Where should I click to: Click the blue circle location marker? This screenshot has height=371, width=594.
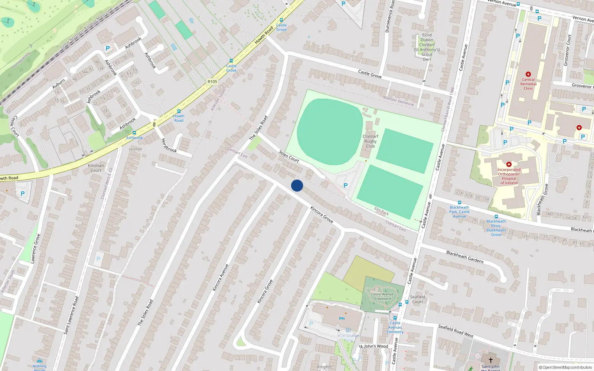(x=297, y=185)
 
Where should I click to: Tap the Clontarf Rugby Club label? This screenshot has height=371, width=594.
(x=370, y=141)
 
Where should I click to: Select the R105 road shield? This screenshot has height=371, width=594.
(x=212, y=82)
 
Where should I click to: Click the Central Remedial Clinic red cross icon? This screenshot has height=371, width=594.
(x=528, y=74)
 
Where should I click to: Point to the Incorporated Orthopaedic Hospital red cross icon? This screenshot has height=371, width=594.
(x=509, y=164)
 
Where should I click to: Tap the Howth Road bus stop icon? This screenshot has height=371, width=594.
(x=179, y=111)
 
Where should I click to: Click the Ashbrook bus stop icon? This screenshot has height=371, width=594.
(x=134, y=133)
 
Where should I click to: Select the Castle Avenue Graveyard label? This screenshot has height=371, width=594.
(x=382, y=296)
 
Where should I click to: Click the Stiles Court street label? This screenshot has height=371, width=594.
(x=289, y=157)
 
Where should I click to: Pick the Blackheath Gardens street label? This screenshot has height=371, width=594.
(x=465, y=257)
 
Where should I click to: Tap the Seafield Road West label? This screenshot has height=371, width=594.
(x=456, y=331)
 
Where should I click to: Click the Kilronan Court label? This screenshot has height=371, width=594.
(x=96, y=168)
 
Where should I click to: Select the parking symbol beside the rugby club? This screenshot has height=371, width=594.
(x=346, y=185)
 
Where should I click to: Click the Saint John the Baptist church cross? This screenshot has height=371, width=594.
(x=490, y=360)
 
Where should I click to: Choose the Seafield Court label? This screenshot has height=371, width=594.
(x=418, y=299)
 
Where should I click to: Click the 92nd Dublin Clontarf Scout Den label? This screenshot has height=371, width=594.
(x=427, y=47)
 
